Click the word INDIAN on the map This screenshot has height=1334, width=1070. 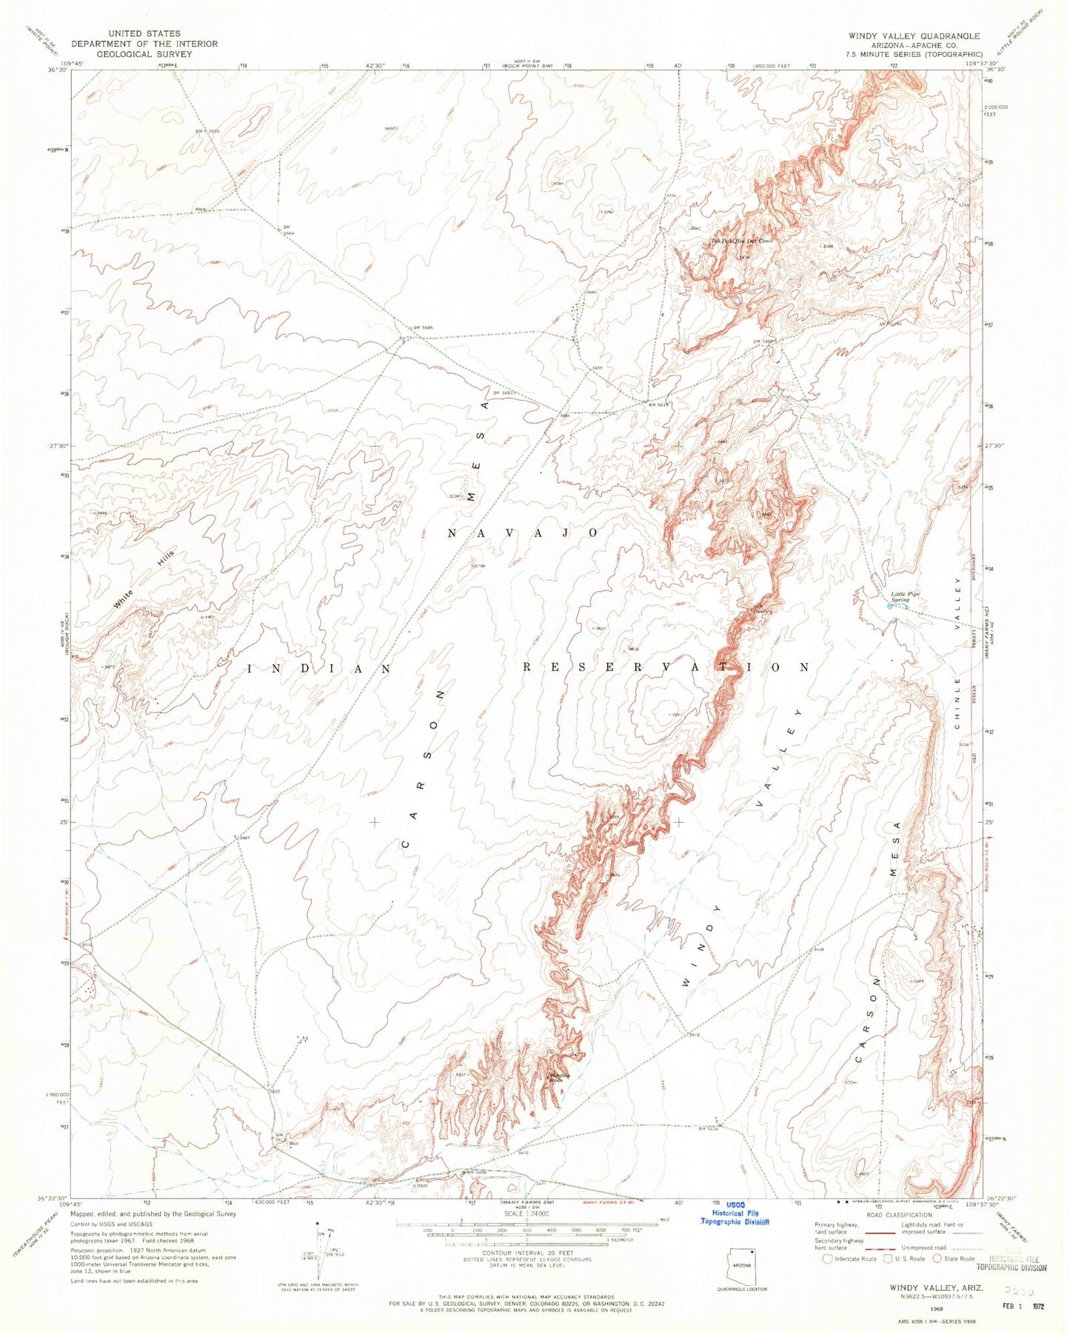[319, 668]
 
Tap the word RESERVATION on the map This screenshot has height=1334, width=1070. [666, 667]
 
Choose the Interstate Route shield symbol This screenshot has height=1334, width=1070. [828, 1258]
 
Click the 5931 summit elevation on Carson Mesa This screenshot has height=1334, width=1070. [674, 715]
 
